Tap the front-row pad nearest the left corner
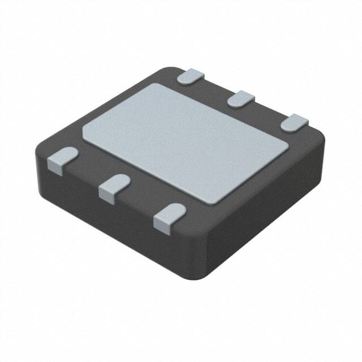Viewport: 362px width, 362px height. pos(61,158)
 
